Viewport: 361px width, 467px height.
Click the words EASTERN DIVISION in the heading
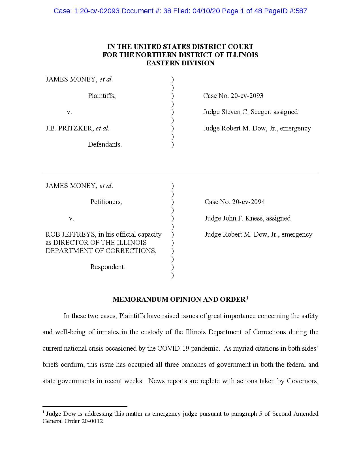pyautogui.click(x=180, y=63)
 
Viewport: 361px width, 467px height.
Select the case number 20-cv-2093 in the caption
pyautogui.click(x=247, y=96)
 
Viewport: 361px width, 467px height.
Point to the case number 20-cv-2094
pyautogui.click(x=248, y=202)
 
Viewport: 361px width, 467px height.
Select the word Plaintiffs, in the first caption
pyautogui.click(x=102, y=96)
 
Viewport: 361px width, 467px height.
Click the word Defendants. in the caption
pyautogui.click(x=105, y=144)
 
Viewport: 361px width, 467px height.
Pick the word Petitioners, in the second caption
pyautogui.click(x=106, y=202)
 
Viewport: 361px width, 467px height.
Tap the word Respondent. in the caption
pyautogui.click(x=108, y=267)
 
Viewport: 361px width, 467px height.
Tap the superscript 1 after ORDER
pyautogui.click(x=247, y=298)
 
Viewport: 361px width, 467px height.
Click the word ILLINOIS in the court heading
pyautogui.click(x=244, y=55)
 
